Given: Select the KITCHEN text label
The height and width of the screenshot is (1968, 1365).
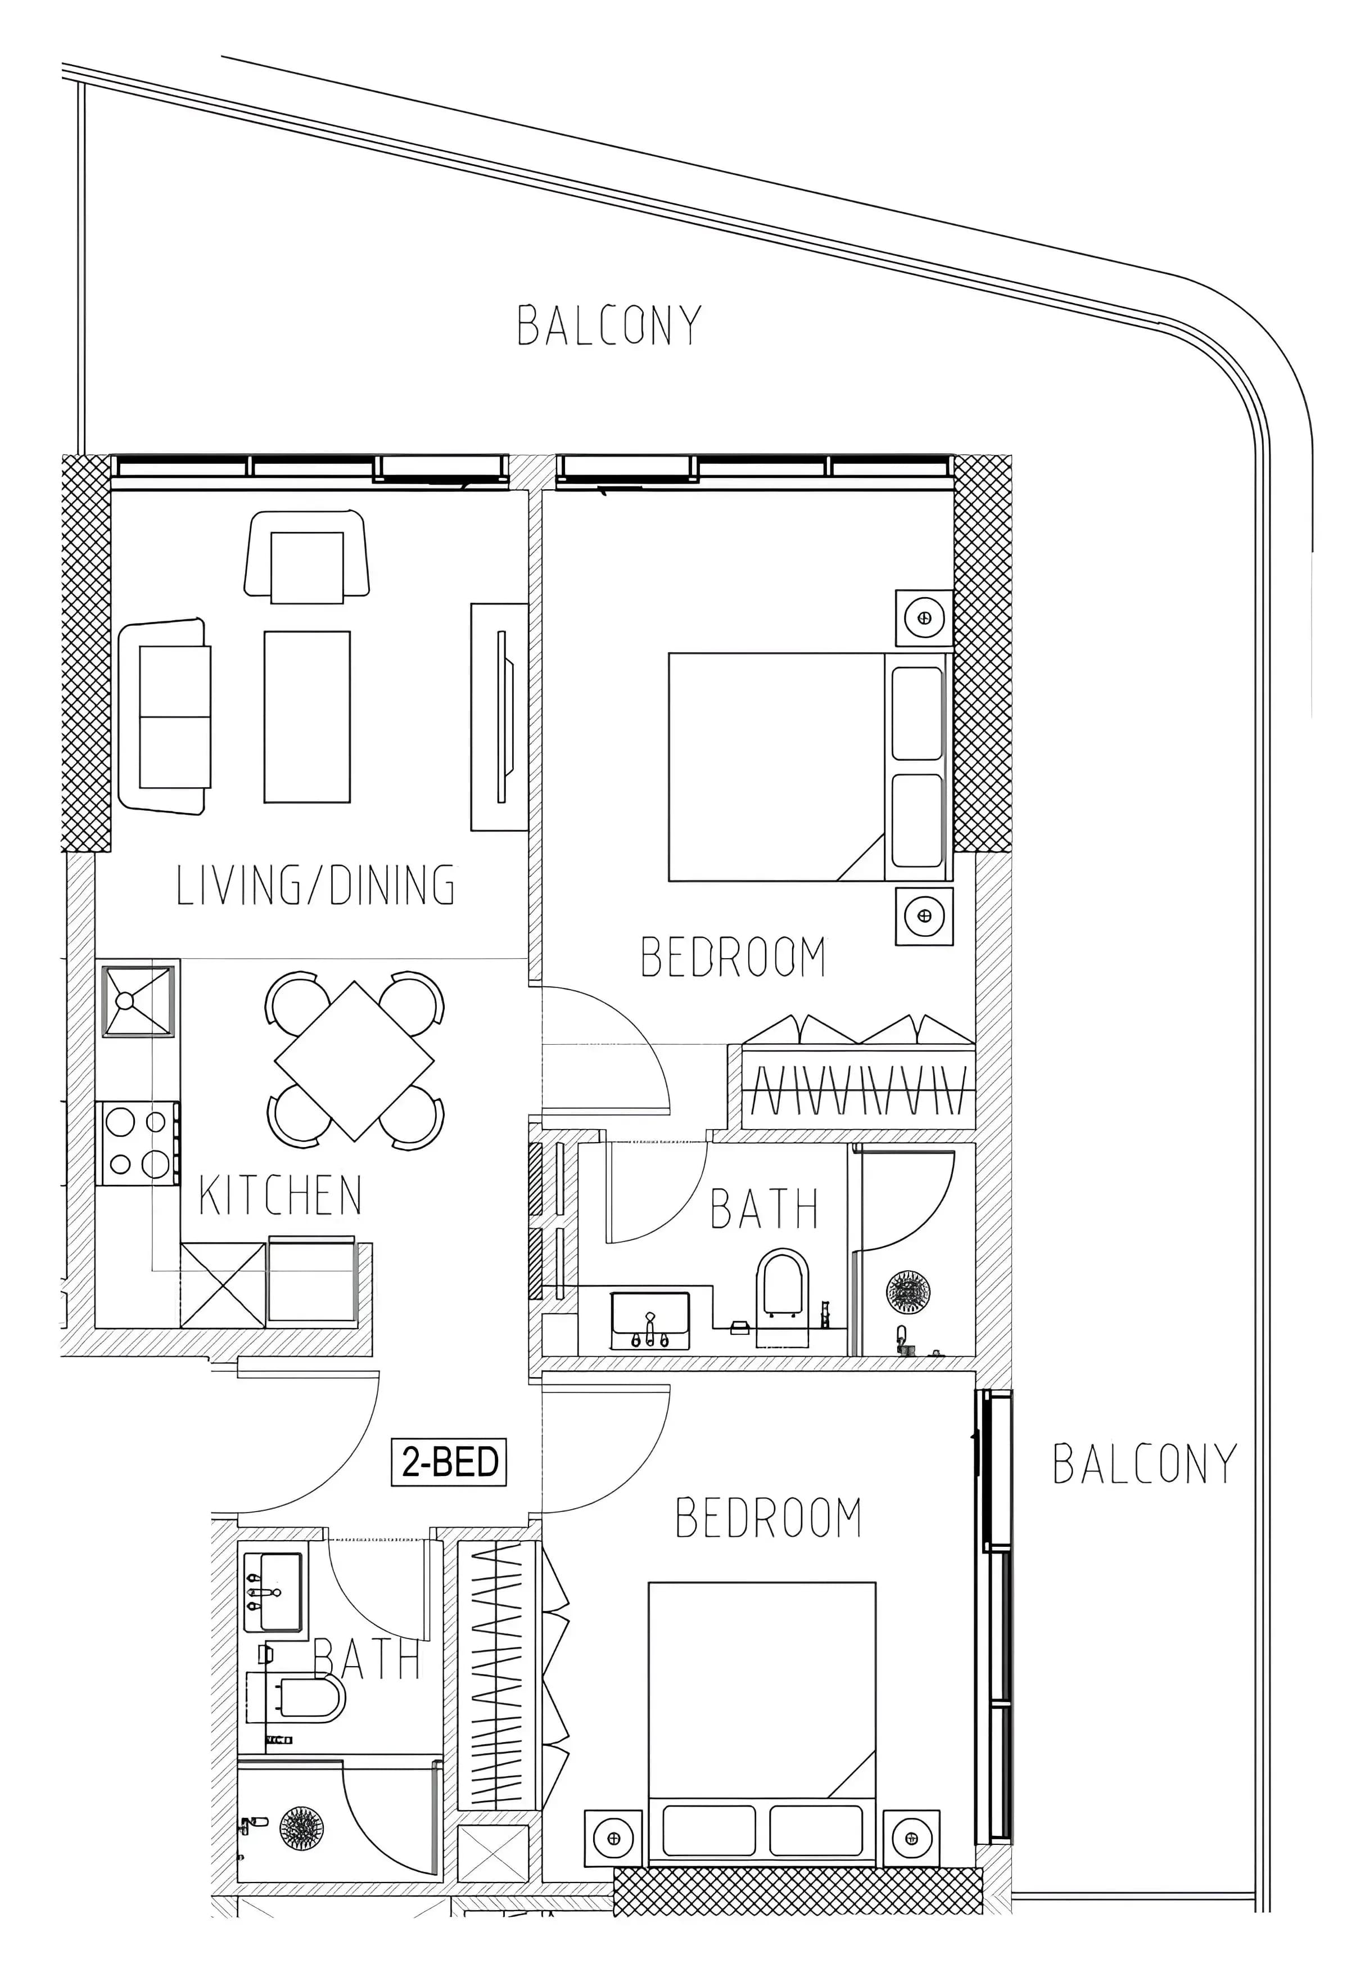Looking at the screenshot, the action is coord(281,1195).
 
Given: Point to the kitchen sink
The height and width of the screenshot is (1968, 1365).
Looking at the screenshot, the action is coord(138,1001).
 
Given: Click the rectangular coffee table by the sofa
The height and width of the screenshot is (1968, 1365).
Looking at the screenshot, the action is coord(307,717).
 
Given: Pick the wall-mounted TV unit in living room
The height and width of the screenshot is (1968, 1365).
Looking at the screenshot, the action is coord(499,717).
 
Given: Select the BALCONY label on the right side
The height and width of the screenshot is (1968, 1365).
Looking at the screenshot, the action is coord(1145,1464).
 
